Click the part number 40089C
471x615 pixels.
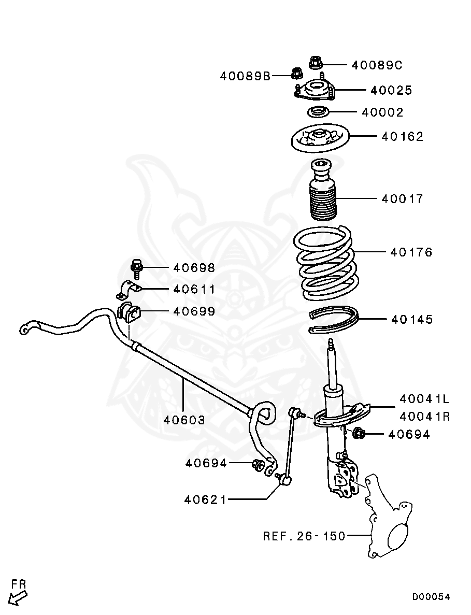(377, 65)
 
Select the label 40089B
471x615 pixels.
(245, 77)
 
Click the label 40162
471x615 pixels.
(403, 137)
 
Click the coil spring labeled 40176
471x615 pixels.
(325, 264)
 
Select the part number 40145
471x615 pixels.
(412, 320)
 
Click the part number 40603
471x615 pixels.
(184, 420)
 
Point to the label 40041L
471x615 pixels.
(424, 399)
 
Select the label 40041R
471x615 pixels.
(424, 417)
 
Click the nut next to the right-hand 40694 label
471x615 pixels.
(358, 433)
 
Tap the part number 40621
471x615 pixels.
(205, 500)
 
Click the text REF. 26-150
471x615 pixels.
(304, 536)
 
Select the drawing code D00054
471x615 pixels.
(431, 597)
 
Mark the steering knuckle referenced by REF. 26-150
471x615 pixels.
(389, 528)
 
